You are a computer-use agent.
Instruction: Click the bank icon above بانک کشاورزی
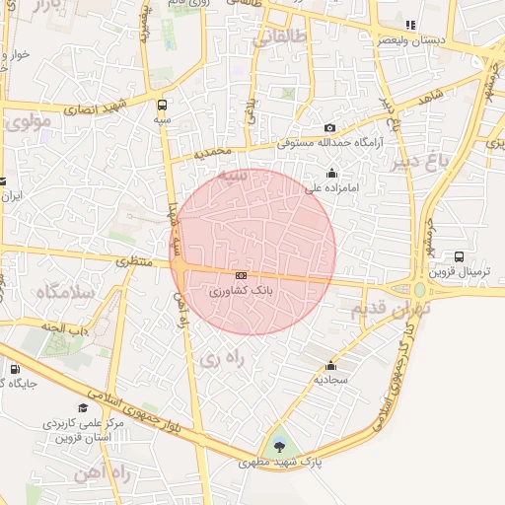(241, 275)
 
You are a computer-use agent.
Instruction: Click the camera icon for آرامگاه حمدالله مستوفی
(329, 128)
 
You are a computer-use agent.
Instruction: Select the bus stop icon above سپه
(162, 104)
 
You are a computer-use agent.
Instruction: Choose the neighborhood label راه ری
(221, 361)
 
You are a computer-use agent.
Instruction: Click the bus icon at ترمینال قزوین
(459, 258)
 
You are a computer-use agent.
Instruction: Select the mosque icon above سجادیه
(331, 364)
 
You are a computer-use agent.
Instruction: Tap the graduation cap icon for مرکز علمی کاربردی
(83, 407)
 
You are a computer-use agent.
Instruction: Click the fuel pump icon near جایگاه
(14, 370)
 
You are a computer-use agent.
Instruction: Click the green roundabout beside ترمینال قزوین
(420, 289)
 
